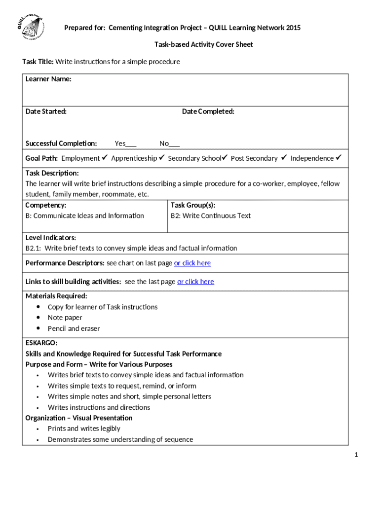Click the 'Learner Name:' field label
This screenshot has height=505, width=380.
pyautogui.click(x=48, y=79)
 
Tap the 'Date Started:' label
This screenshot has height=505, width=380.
pyautogui.click(x=46, y=111)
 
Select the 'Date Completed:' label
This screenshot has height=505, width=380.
pyautogui.click(x=208, y=111)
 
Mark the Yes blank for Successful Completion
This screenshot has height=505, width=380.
pyautogui.click(x=131, y=144)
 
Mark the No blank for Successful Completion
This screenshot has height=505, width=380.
pyautogui.click(x=174, y=144)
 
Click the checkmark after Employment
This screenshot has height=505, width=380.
pyautogui.click(x=105, y=158)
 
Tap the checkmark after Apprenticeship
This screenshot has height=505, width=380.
pyautogui.click(x=161, y=158)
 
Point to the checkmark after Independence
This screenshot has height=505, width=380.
pyautogui.click(x=339, y=158)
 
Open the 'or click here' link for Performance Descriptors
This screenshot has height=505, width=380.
pyautogui.click(x=192, y=263)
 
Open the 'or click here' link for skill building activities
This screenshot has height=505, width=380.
pyautogui.click(x=195, y=282)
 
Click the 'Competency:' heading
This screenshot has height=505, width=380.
pyautogui.click(x=46, y=205)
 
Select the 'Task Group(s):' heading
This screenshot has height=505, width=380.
pyautogui.click(x=193, y=205)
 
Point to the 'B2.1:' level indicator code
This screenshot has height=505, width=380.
pyautogui.click(x=34, y=248)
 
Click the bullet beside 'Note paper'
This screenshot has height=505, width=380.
pyautogui.click(x=38, y=318)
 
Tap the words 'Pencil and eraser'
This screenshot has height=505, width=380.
pyautogui.click(x=74, y=328)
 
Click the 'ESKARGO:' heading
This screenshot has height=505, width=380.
pyautogui.click(x=41, y=343)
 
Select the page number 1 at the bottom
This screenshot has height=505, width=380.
pyautogui.click(x=355, y=454)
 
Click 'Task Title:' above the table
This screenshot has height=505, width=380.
pyautogui.click(x=38, y=62)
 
